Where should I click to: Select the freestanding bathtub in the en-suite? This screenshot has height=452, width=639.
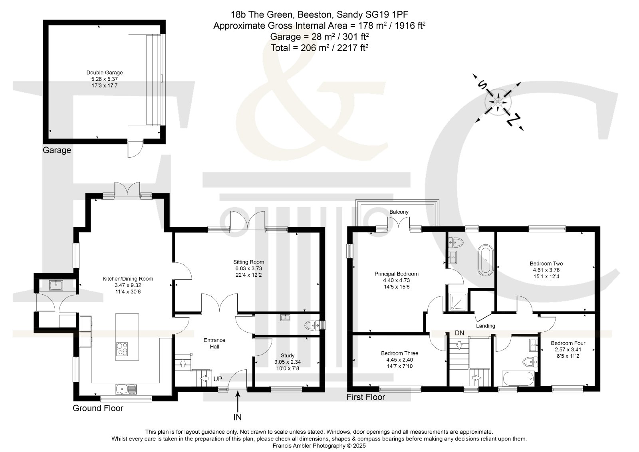click(486, 260)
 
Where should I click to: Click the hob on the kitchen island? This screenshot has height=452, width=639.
click(122, 349)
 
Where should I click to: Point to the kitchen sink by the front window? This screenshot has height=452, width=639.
click(126, 389)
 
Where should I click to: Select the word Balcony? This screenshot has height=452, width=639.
click(399, 212)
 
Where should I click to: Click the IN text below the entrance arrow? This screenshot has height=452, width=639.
click(237, 417)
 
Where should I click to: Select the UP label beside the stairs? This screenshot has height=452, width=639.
click(218, 379)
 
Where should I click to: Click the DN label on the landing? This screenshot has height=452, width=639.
click(459, 333)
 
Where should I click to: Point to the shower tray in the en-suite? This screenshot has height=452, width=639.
click(458, 302)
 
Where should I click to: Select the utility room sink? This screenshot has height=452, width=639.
click(56, 285)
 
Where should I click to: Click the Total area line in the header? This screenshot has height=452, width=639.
click(319, 48)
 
